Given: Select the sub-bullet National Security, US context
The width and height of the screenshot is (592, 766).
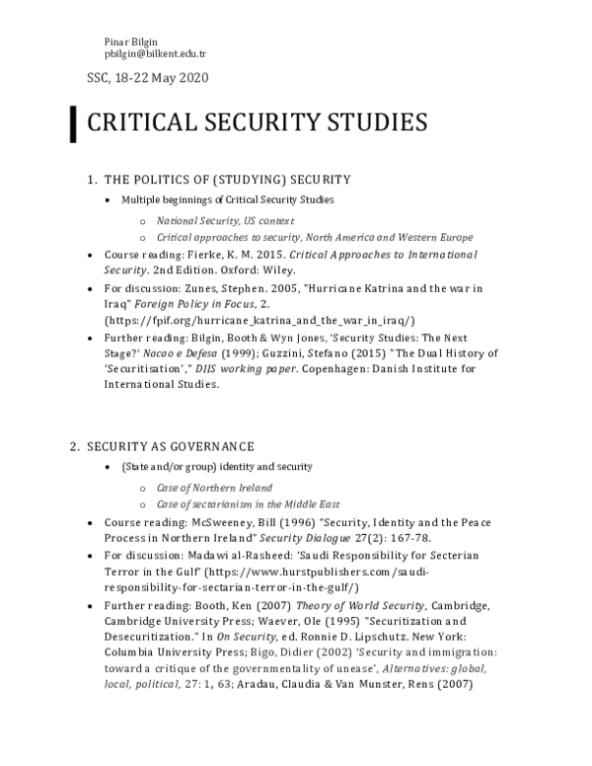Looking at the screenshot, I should [225, 220].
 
